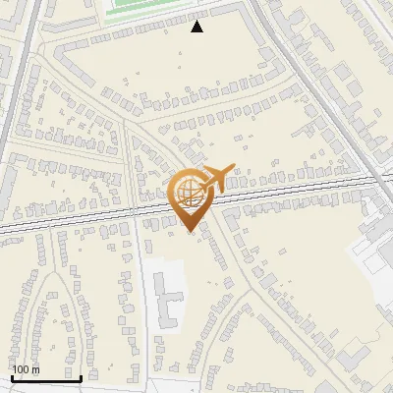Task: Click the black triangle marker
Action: click(x=197, y=27)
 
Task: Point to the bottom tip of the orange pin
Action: click(x=189, y=232)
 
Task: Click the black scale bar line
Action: click(x=46, y=379)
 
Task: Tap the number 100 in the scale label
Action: click(x=21, y=369)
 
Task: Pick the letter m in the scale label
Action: click(x=35, y=369)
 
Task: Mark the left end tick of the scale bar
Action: click(x=12, y=377)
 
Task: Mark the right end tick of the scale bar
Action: click(x=81, y=377)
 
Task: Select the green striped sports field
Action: click(x=147, y=10)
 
